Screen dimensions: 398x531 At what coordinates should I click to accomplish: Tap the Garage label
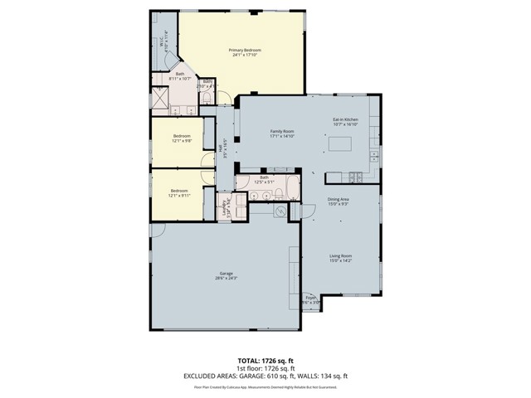point(226,274)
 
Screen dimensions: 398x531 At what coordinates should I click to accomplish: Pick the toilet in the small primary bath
point(207,99)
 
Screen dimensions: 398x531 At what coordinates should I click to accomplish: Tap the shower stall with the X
point(161,99)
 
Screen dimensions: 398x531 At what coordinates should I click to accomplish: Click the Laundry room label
point(226,207)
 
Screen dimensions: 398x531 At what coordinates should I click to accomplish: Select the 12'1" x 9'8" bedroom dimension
point(181,140)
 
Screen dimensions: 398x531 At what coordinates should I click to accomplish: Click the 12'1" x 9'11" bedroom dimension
point(180,196)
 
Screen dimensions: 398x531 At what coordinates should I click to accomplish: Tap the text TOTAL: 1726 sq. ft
point(265,360)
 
